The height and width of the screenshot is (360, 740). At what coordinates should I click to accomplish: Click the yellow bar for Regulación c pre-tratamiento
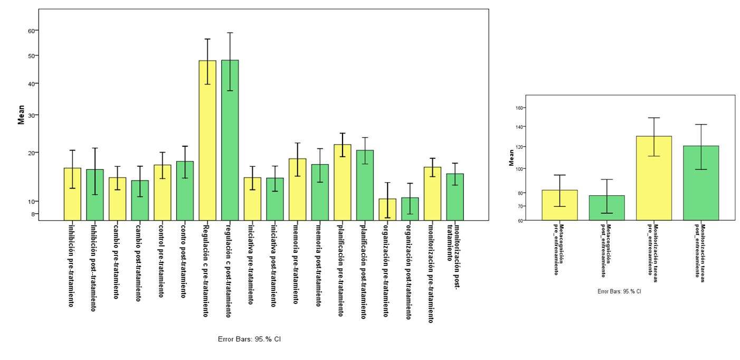[207, 140]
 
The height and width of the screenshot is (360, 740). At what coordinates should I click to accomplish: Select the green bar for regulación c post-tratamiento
[230, 140]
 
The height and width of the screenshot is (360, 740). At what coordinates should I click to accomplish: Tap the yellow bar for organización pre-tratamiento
[387, 210]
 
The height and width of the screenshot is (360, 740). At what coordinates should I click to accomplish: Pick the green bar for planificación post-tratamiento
[365, 185]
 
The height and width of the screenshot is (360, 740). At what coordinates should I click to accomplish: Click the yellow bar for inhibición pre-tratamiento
[72, 194]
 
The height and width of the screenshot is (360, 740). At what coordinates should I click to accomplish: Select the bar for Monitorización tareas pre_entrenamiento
[654, 178]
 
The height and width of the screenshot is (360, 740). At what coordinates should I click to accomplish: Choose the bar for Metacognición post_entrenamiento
[607, 208]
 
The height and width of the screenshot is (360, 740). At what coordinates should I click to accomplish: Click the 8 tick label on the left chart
[33, 214]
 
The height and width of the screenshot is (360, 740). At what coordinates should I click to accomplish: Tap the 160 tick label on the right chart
[520, 108]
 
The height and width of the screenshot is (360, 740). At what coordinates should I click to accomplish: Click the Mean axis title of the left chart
[21, 115]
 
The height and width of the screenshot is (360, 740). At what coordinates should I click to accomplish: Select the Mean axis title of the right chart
[511, 157]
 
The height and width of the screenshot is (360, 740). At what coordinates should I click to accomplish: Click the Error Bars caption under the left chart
[250, 339]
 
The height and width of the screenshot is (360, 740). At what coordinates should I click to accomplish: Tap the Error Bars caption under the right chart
[620, 291]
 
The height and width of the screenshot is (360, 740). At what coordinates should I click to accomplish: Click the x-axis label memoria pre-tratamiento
[296, 264]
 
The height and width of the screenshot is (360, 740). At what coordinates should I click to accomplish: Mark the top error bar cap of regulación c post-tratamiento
[230, 33]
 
